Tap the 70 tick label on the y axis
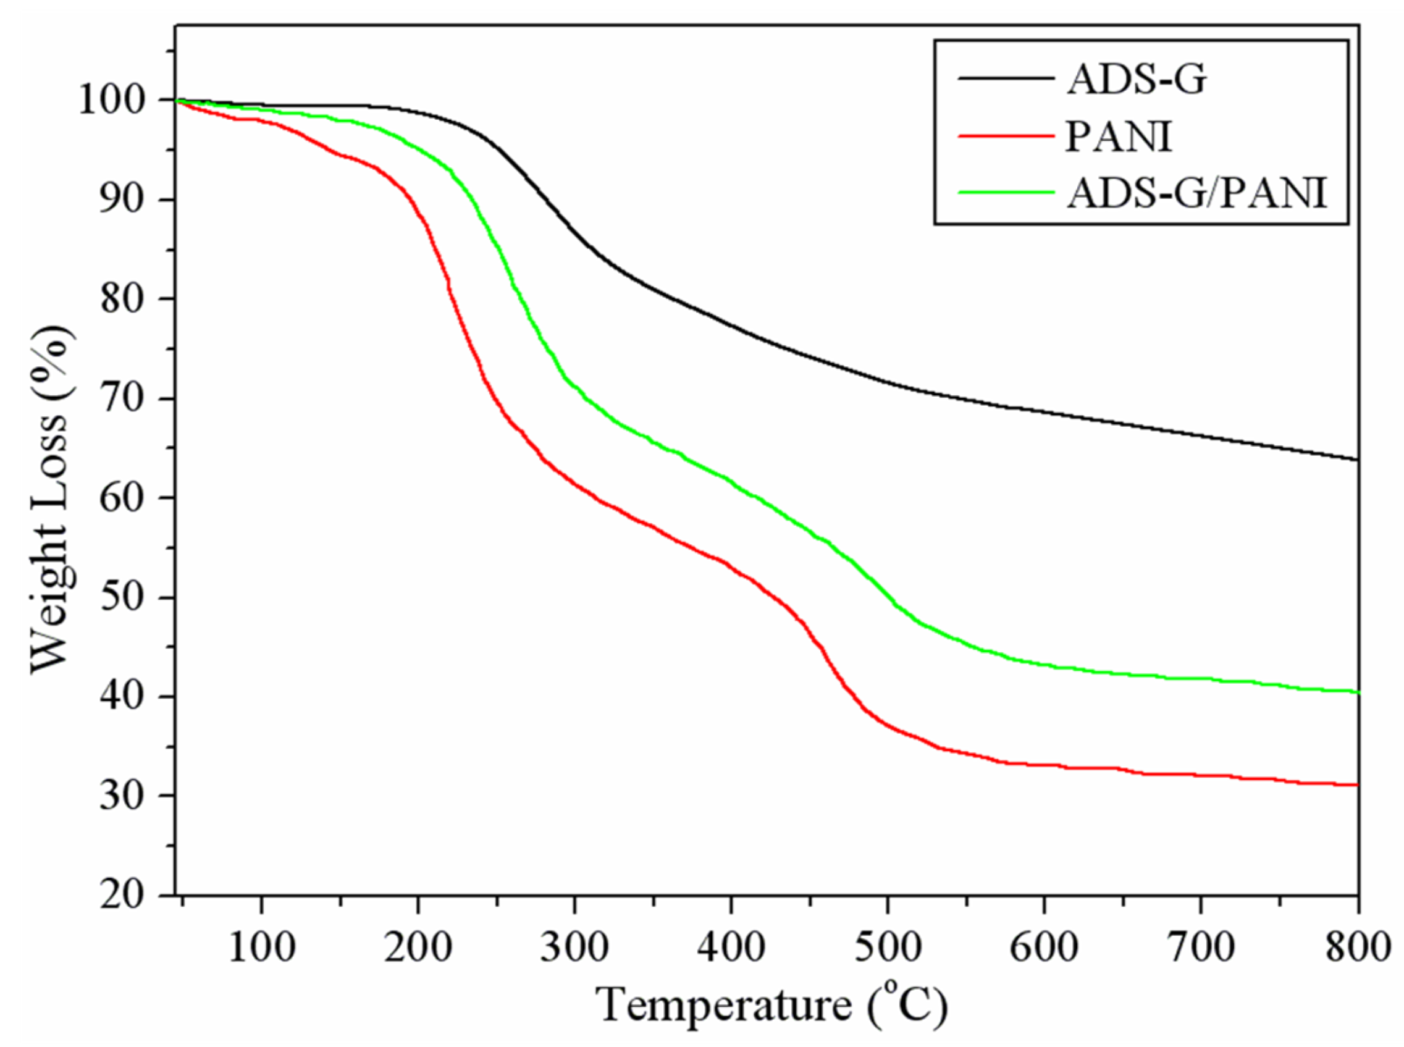click(128, 398)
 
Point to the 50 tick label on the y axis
click(128, 598)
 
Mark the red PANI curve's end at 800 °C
click(1356, 784)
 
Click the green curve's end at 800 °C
click(1356, 692)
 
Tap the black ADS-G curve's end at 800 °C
click(1356, 459)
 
